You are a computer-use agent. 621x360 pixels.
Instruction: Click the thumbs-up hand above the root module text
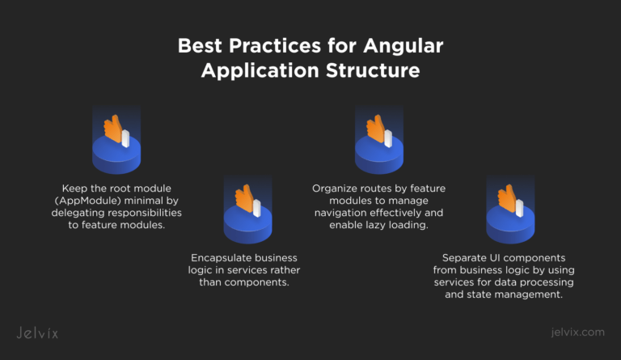click(113, 129)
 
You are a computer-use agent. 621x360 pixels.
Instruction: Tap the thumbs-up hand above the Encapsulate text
click(245, 199)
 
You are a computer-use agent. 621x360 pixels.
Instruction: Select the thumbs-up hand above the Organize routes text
click(376, 129)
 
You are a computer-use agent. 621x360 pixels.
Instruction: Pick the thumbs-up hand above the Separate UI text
click(507, 199)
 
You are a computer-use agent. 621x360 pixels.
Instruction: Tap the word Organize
click(336, 188)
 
